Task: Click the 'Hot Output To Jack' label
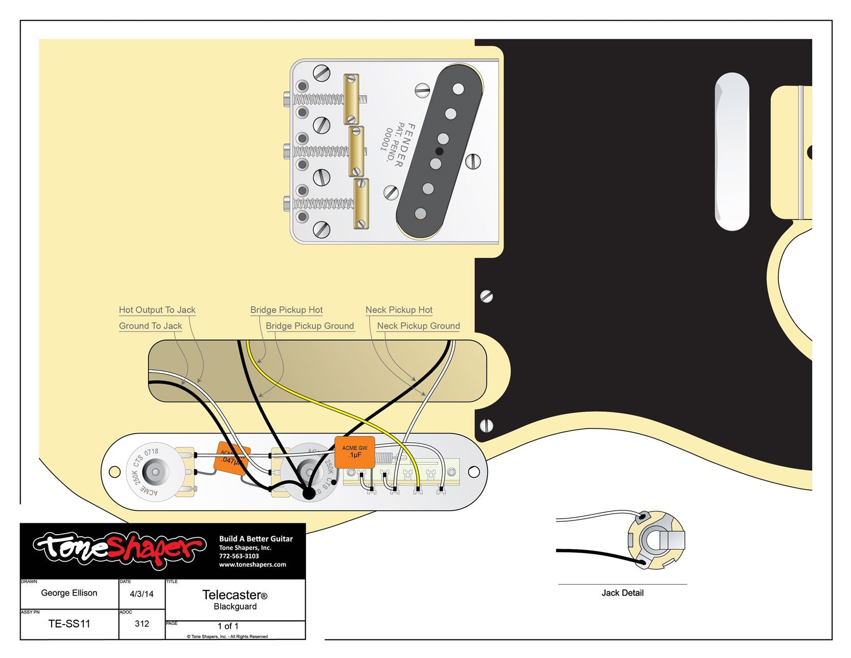click(x=157, y=310)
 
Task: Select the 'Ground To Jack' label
click(x=150, y=326)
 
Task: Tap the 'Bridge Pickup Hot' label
click(x=286, y=310)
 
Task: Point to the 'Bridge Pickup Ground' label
click(x=309, y=326)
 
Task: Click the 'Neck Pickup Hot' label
click(x=399, y=310)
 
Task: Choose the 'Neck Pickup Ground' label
click(x=418, y=326)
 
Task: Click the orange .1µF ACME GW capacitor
click(x=355, y=452)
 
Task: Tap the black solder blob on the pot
click(x=308, y=494)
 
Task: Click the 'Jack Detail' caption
click(x=622, y=593)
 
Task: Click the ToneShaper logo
click(x=119, y=550)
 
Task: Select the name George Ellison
click(x=69, y=593)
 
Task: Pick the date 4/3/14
click(x=142, y=594)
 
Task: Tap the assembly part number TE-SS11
click(x=69, y=623)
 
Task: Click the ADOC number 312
click(x=142, y=623)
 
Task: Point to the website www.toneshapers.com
click(x=252, y=565)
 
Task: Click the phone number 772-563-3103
click(x=239, y=556)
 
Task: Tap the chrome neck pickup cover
click(x=732, y=151)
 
